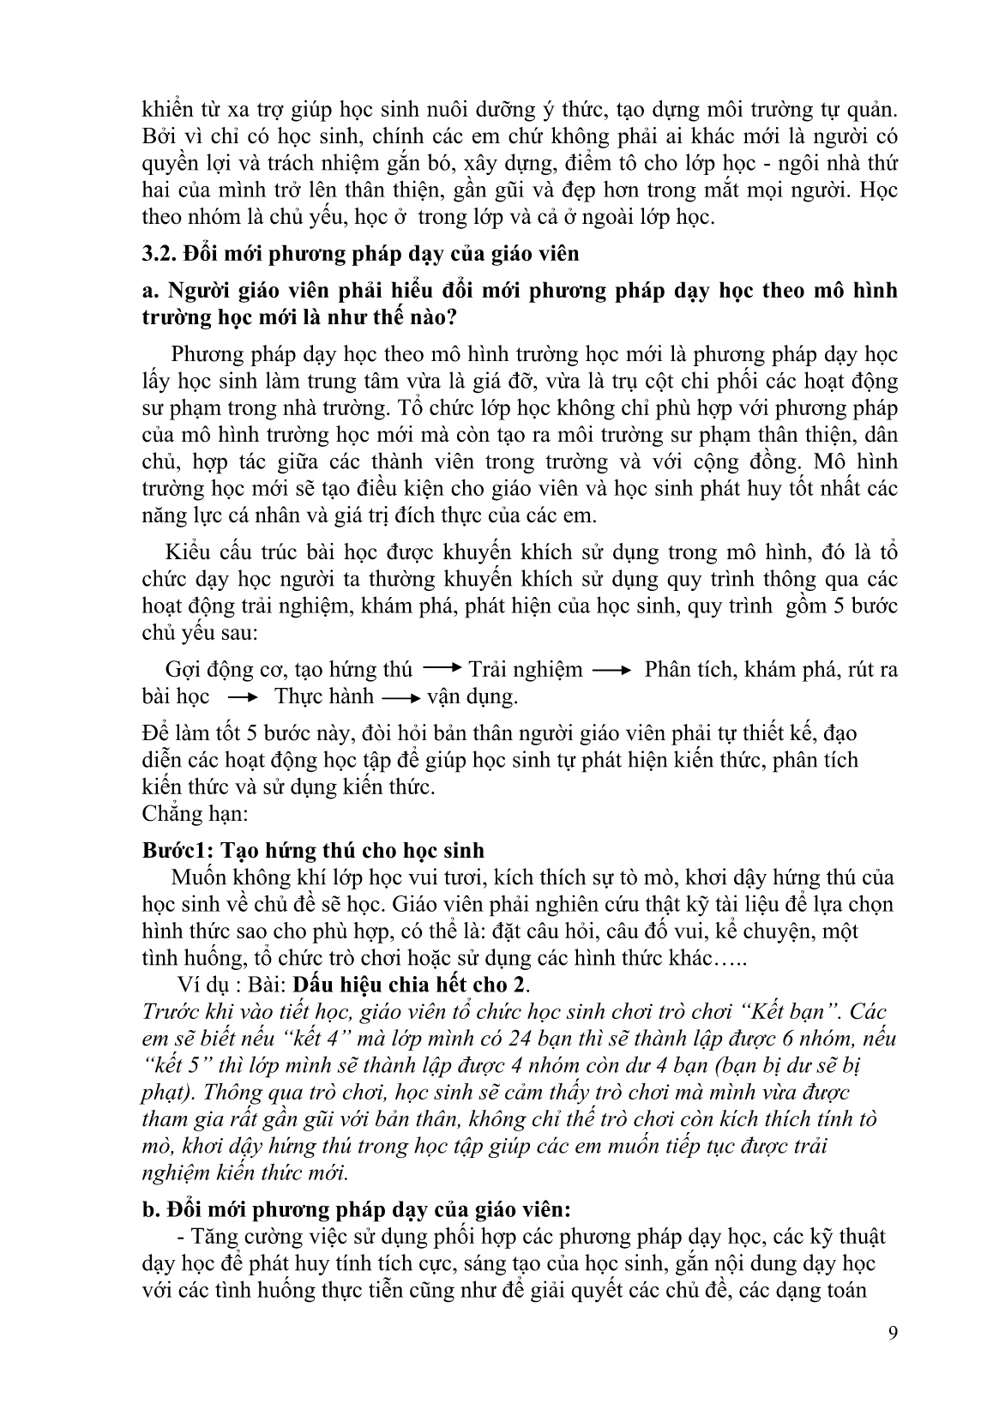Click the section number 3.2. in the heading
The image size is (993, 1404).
159,254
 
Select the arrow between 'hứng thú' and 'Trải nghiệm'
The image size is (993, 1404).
442,668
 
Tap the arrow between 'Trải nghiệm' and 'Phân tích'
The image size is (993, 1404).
611,670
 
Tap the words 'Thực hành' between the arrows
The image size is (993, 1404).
324,696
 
